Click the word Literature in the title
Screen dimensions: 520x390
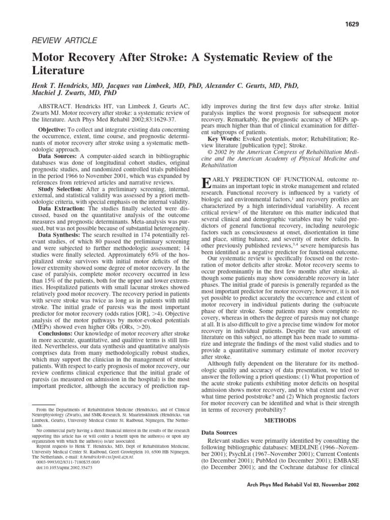coord(58,70)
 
